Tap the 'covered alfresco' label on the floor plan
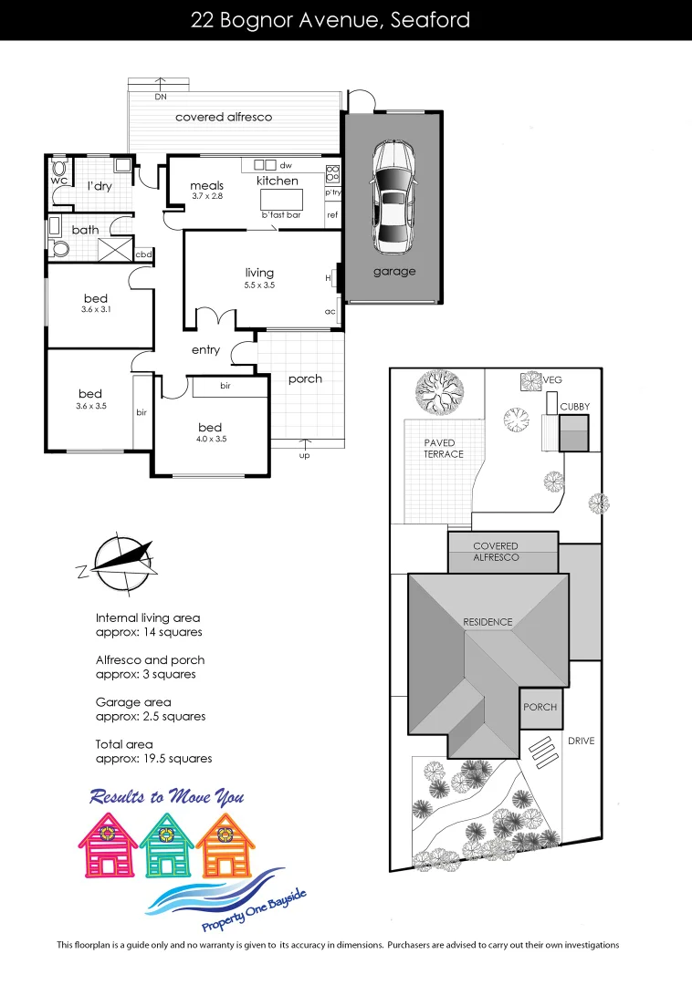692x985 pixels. point(224,118)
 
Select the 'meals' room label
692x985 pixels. point(207,185)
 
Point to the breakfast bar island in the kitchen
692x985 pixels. point(280,199)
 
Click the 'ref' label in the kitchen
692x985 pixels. point(332,215)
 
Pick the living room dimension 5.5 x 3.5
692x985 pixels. point(259,285)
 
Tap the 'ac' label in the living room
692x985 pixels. point(330,311)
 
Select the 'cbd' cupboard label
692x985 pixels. point(143,254)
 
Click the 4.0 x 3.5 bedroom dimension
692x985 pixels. point(210,440)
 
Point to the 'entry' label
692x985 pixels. point(205,350)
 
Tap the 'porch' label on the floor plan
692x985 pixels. point(305,379)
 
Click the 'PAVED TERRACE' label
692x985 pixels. point(443,449)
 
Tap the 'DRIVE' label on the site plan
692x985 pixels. point(581,741)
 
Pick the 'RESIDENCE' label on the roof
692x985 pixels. point(488,622)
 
